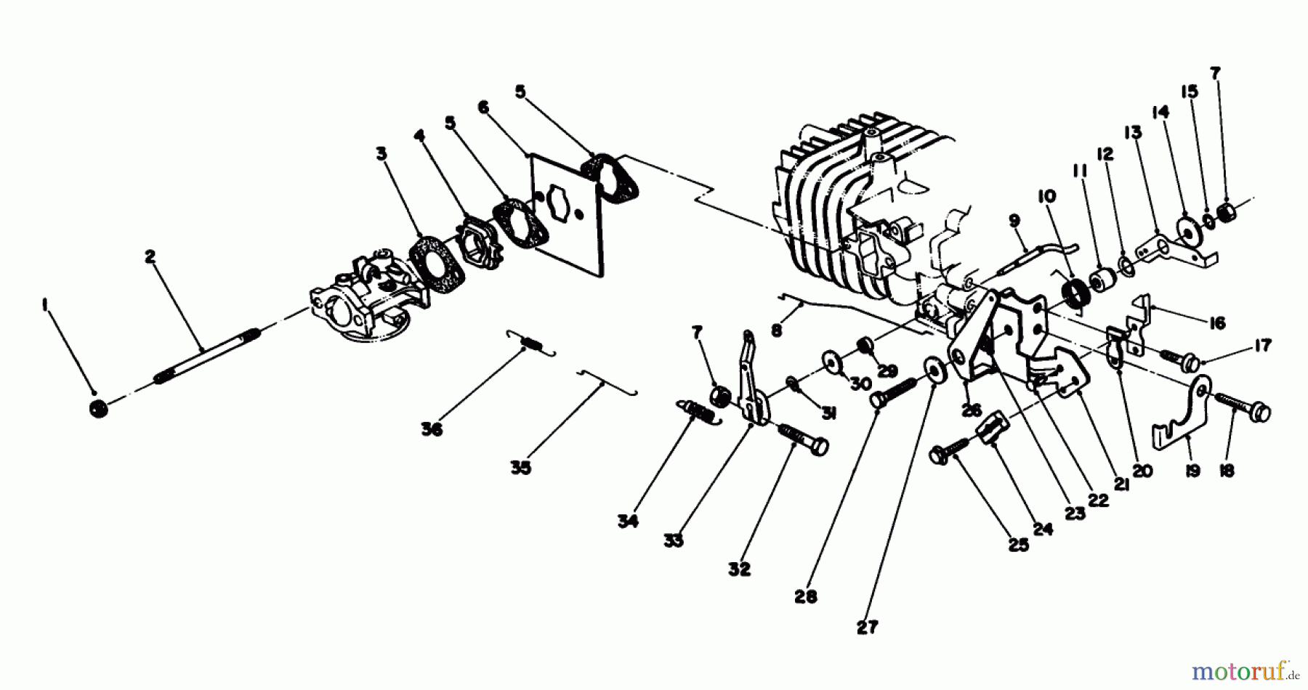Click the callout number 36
pos(431,429)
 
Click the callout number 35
pos(520,468)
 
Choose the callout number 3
pos(381,153)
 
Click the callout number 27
pos(867,627)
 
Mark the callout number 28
pos(805,596)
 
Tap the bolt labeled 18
pos(1244,407)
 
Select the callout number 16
pos(1217,322)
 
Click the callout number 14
pos(1160,112)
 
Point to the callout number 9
pos(1014,219)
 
